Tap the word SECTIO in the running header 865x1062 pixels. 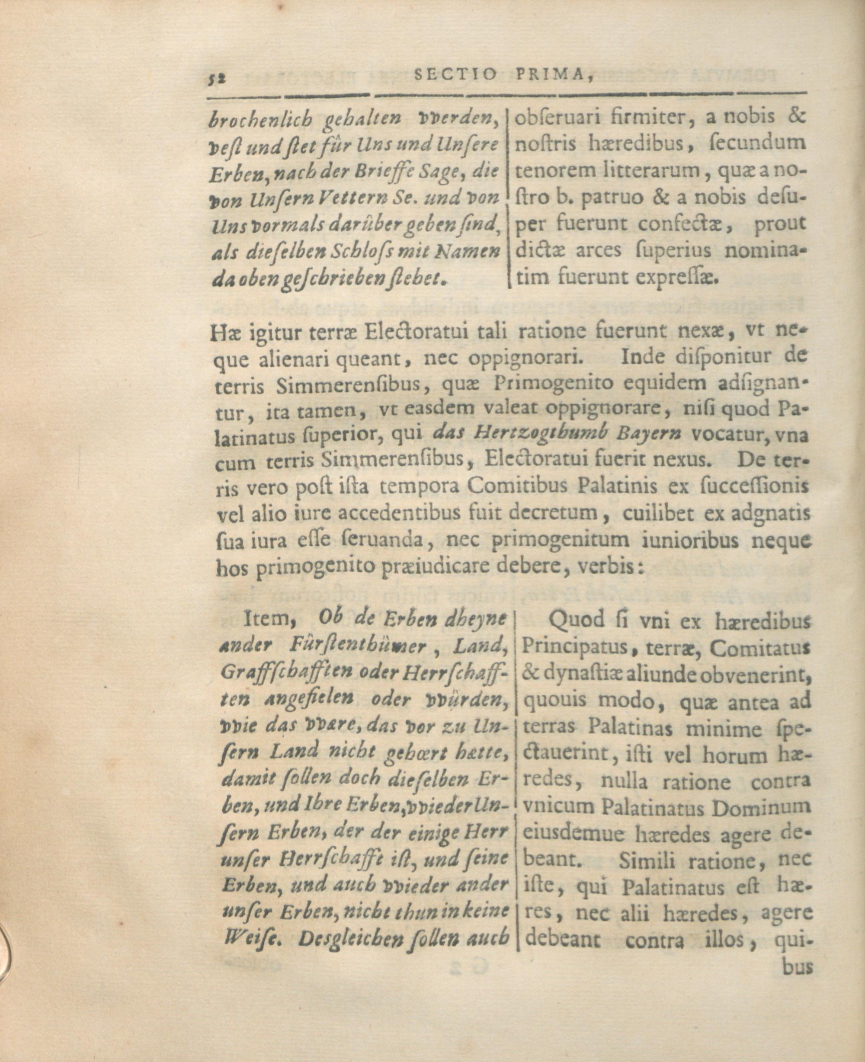point(455,75)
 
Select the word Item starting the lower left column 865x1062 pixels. point(263,619)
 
